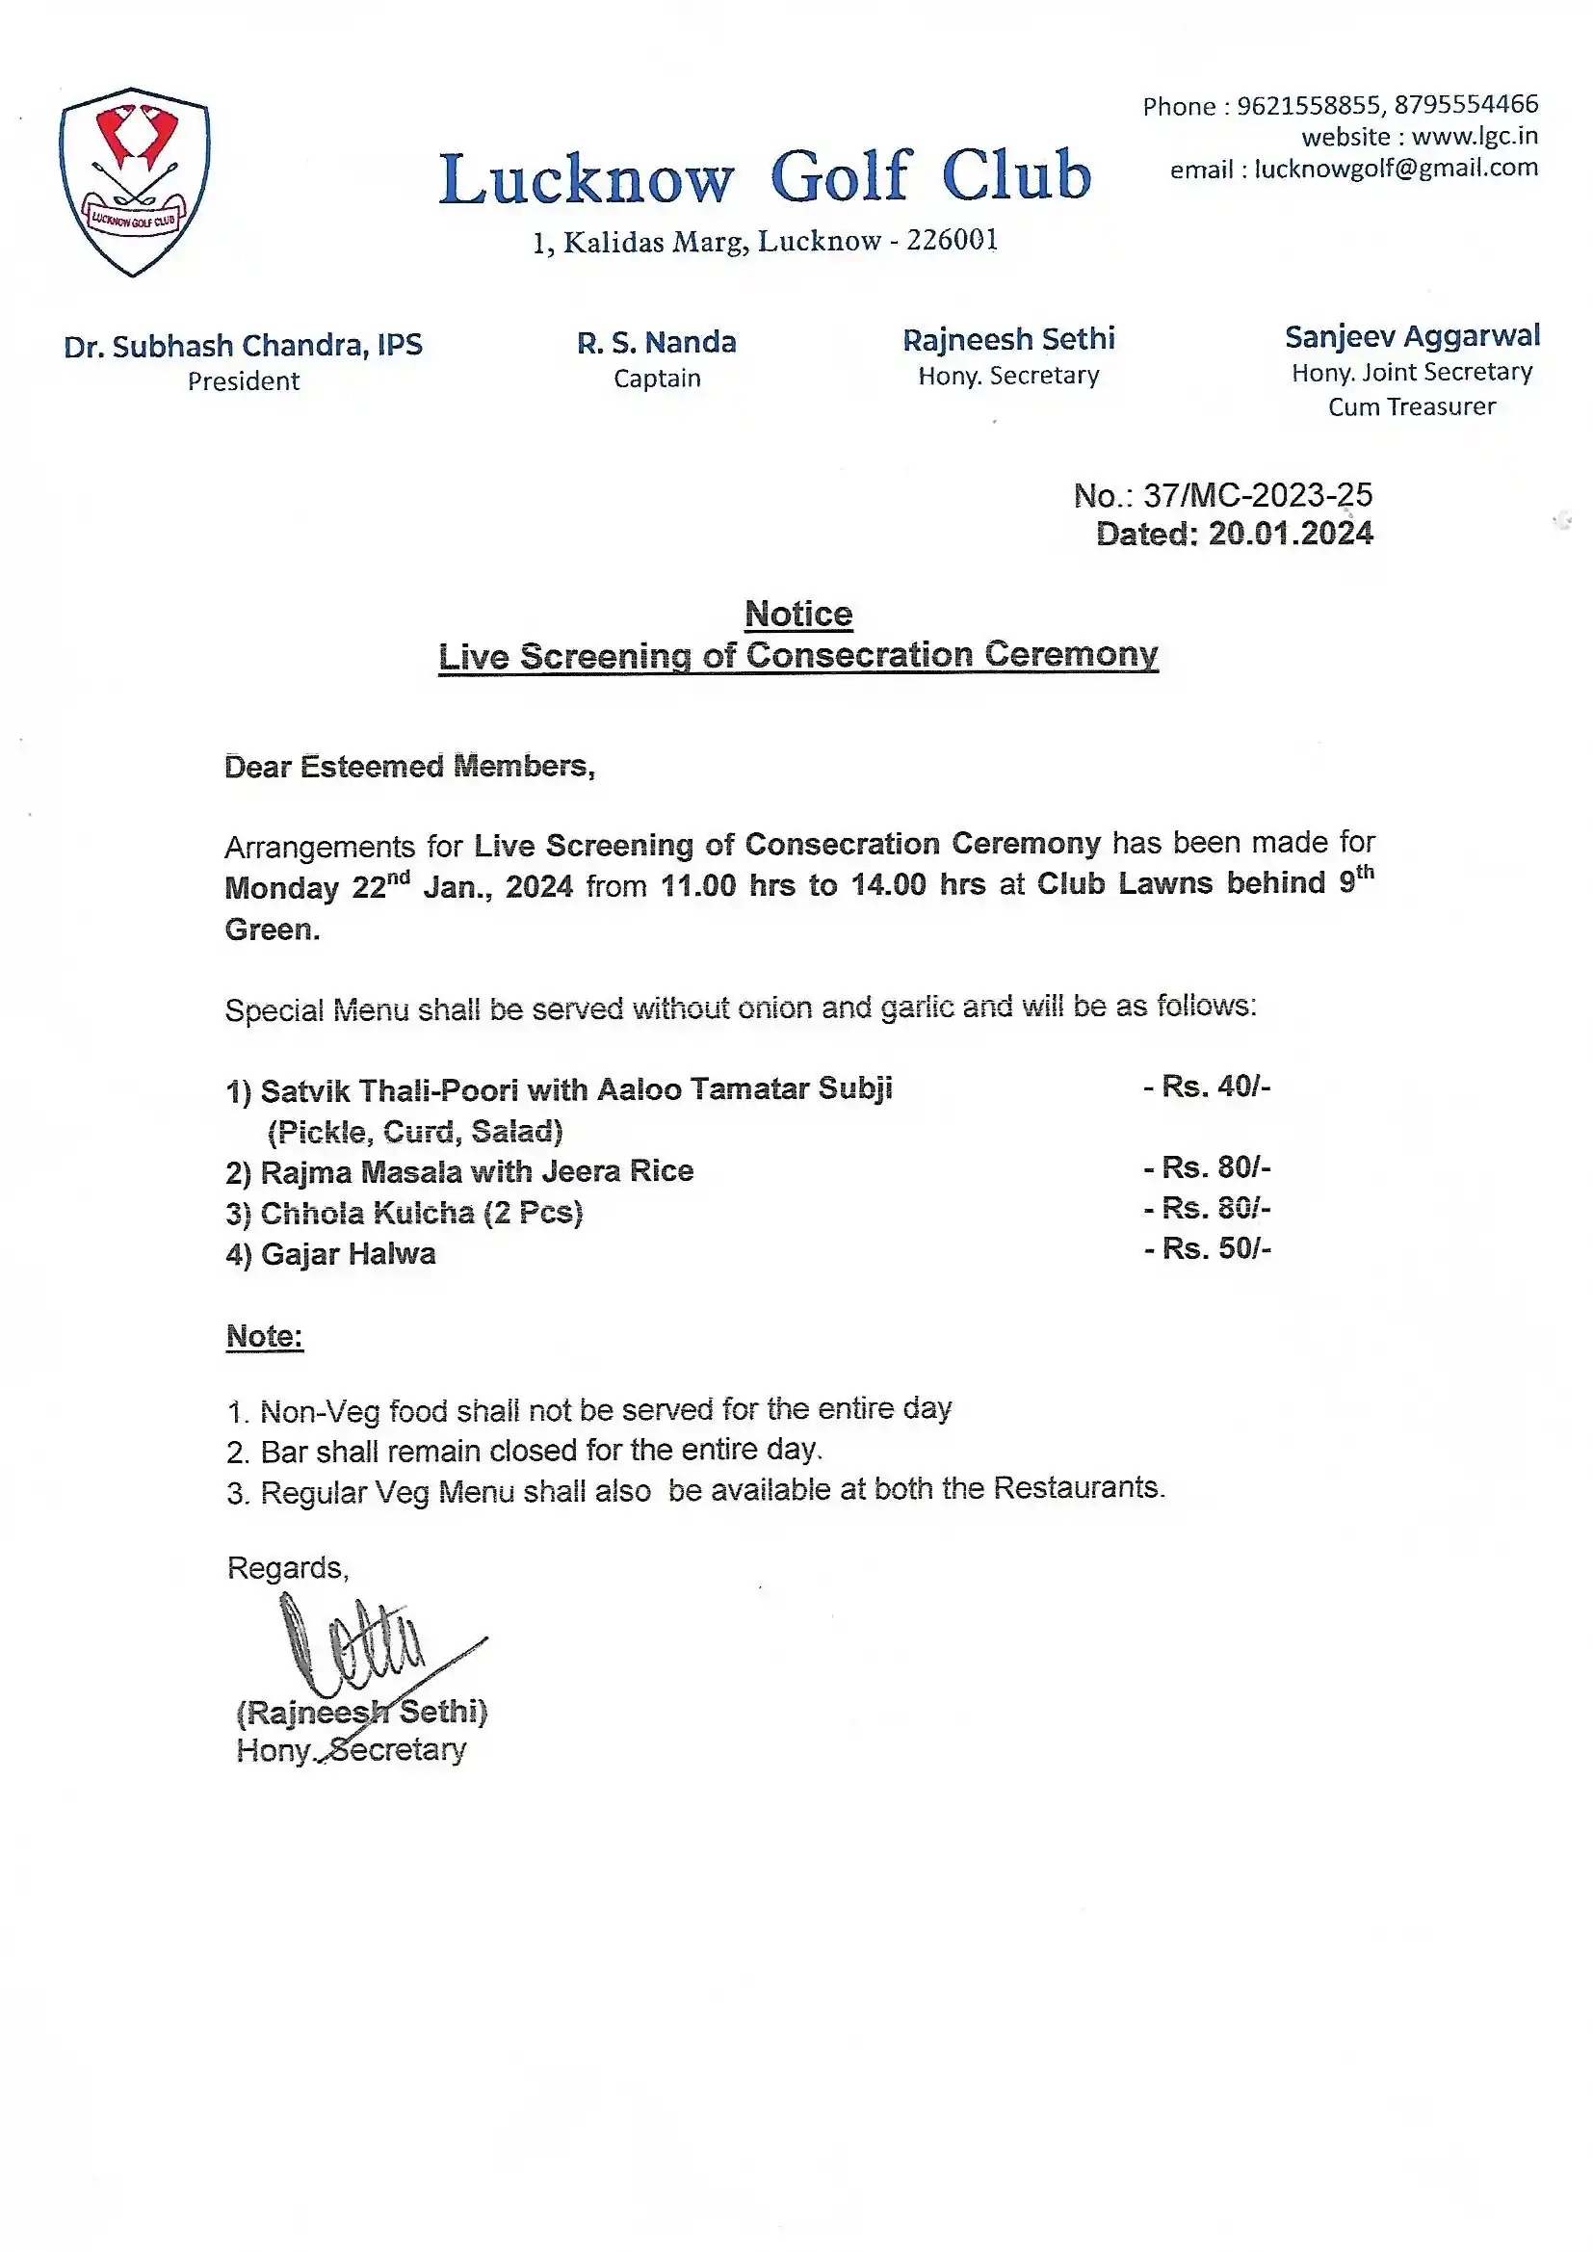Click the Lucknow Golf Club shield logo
click(135, 181)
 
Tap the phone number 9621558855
click(1309, 105)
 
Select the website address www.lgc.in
click(1475, 137)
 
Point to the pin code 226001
click(952, 240)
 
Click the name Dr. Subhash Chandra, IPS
click(244, 345)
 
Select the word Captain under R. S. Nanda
click(657, 379)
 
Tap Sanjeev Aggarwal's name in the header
click(1412, 336)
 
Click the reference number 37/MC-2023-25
click(1258, 495)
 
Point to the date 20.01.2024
click(1290, 534)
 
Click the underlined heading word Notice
click(798, 614)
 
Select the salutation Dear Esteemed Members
click(409, 766)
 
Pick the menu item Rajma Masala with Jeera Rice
click(477, 1171)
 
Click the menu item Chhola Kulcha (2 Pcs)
click(421, 1214)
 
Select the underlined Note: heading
click(265, 1336)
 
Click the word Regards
click(287, 1567)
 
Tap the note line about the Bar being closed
click(540, 1450)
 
